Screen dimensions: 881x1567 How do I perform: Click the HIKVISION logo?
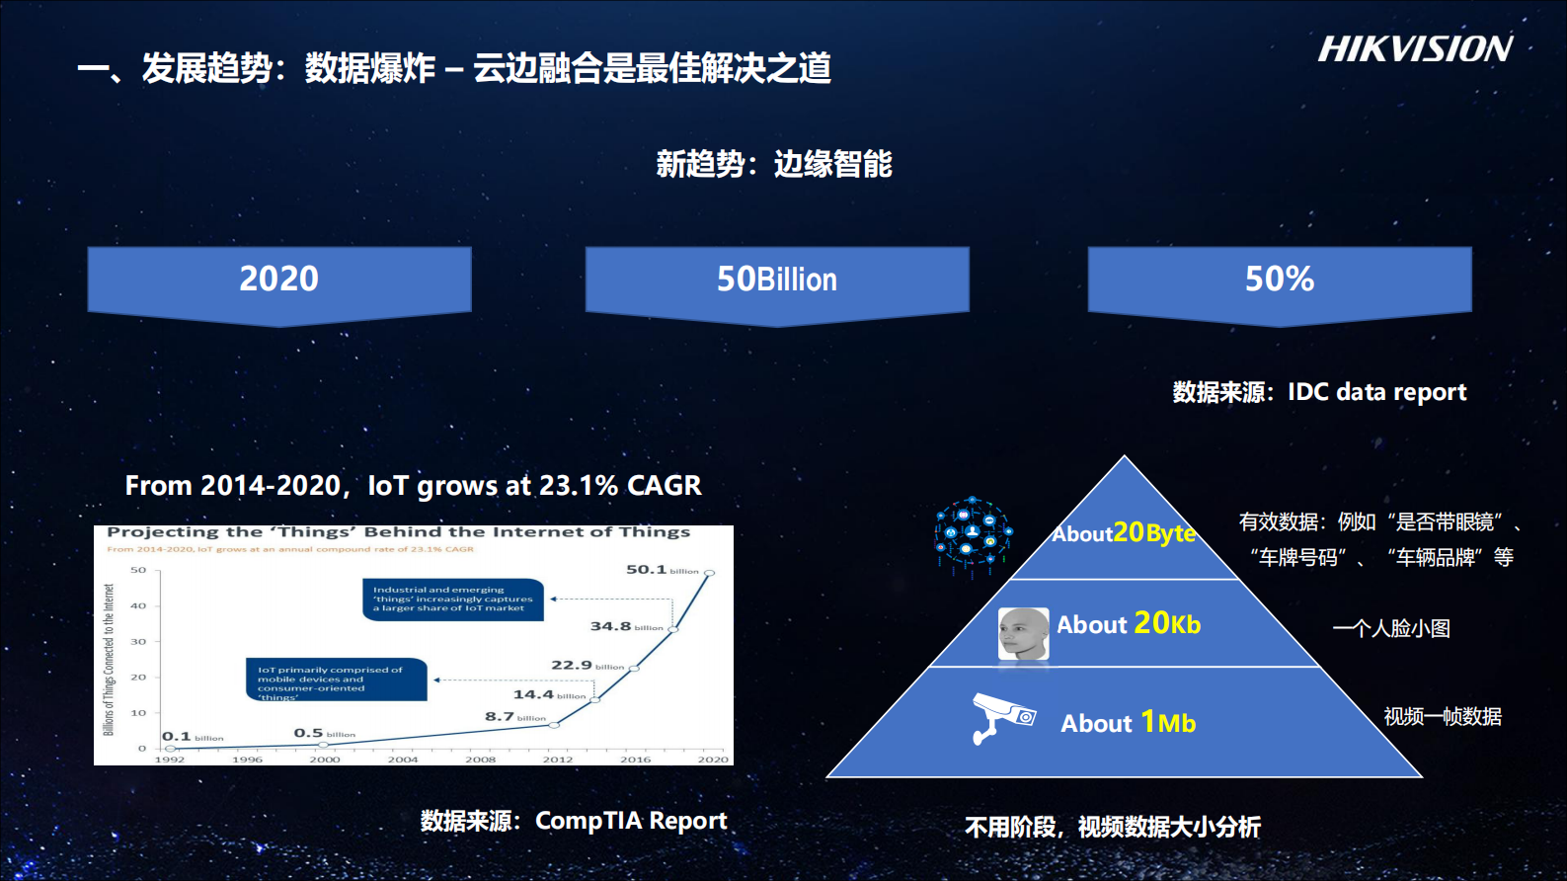pos(1414,49)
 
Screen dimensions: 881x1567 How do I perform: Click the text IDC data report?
pos(1376,392)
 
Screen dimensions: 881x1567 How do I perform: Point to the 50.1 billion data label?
pos(662,570)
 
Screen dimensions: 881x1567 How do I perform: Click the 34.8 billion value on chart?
pos(626,626)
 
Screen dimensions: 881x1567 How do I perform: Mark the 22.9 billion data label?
pos(587,666)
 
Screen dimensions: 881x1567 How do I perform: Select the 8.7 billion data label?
pos(514,717)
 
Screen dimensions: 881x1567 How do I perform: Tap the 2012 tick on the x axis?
pos(557,760)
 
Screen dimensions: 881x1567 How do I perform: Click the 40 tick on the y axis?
pos(138,606)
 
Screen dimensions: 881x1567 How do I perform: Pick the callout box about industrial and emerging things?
pos(452,600)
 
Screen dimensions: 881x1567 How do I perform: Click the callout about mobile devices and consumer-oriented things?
pos(336,681)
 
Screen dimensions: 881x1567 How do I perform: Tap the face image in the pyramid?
pos(1023,634)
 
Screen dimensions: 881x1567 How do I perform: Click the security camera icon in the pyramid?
pos(1002,717)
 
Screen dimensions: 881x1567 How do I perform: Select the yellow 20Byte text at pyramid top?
pos(1153,533)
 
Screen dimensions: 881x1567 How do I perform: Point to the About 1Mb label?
pos(1128,723)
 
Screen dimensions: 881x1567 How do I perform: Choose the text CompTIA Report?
pos(631,821)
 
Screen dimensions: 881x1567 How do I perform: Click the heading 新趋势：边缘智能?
pos(774,164)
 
